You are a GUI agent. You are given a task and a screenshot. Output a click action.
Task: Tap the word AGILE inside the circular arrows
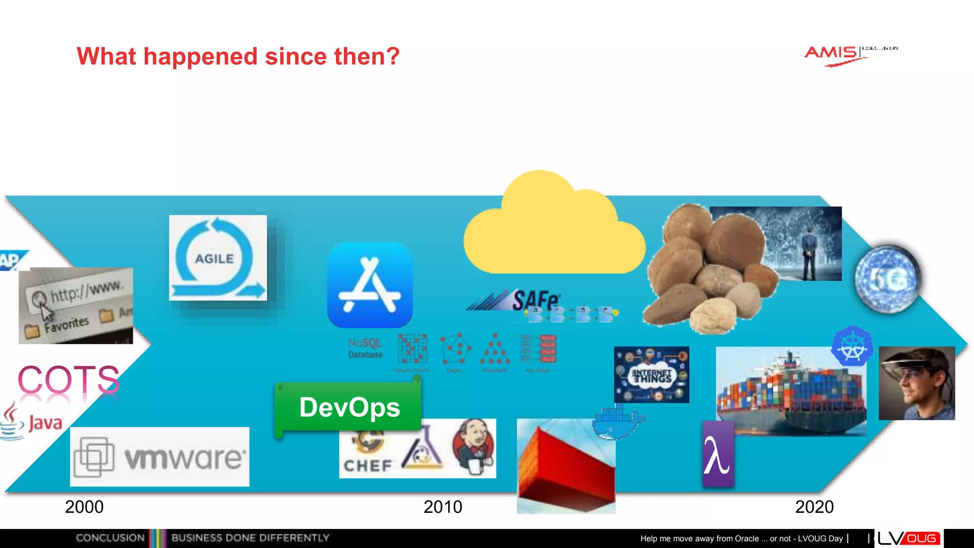coord(214,259)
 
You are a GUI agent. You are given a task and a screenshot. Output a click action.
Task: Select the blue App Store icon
coord(370,285)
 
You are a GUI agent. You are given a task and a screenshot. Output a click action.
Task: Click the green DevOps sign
coord(349,408)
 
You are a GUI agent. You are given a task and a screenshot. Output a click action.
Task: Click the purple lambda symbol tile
coord(717,455)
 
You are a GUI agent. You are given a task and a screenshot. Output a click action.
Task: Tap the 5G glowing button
coord(887,279)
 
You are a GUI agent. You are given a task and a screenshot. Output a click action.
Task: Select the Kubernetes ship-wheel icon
coord(852,346)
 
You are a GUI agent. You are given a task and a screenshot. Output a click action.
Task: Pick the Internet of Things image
coord(651,375)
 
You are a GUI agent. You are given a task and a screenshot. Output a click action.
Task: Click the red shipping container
coord(565,466)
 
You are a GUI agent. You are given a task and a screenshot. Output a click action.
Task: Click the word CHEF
coord(368,465)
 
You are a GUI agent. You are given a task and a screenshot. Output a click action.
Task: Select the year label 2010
coord(443,507)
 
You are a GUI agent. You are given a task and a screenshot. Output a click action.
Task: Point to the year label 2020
coord(814,507)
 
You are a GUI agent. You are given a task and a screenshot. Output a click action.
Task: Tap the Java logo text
coord(45,422)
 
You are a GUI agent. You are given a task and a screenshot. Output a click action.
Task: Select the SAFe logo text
coord(536,300)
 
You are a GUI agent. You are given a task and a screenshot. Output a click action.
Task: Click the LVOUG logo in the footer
coord(908,538)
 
